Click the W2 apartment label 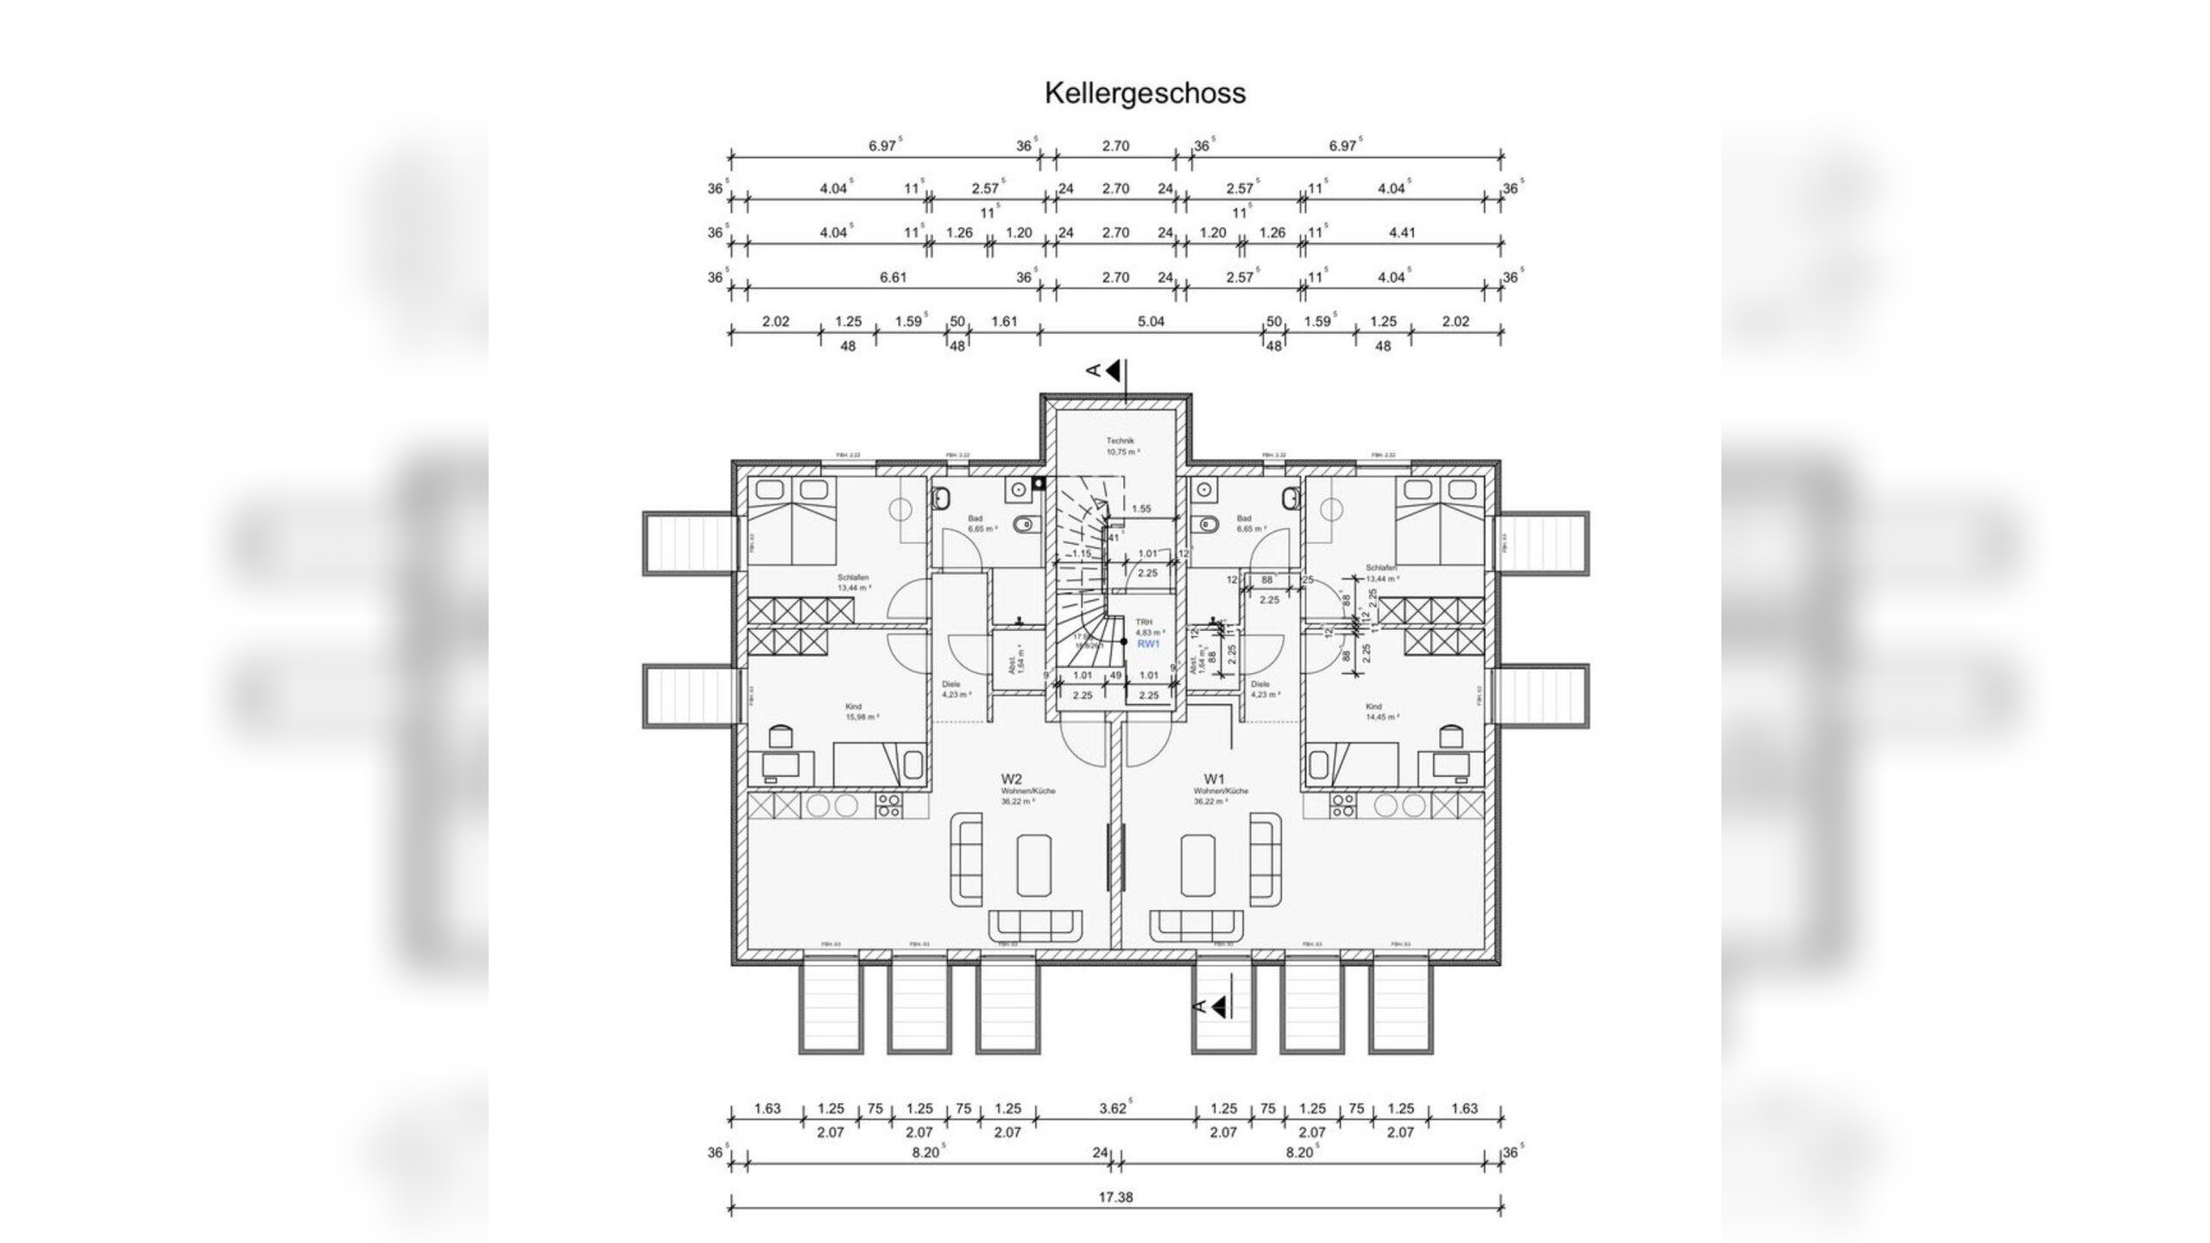[1013, 779]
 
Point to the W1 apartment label [1215, 779]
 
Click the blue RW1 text [1148, 644]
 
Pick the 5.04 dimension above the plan [1151, 321]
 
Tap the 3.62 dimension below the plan [1113, 1108]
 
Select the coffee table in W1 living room [1198, 864]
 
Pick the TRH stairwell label [1144, 621]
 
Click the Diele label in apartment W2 [950, 684]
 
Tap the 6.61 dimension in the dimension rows [893, 278]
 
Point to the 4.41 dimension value [1402, 232]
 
